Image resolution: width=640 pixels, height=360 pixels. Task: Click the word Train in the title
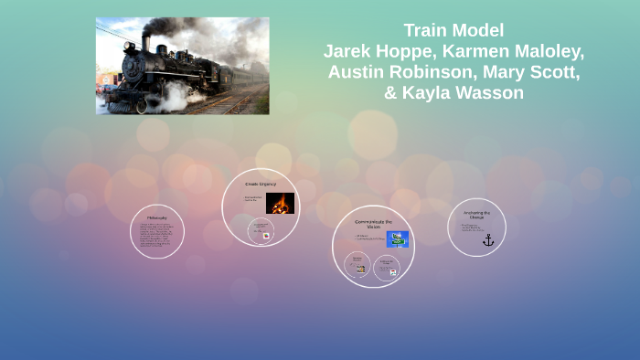click(427, 30)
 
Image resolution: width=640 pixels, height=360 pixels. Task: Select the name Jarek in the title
click(348, 51)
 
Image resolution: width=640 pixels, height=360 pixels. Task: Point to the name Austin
click(359, 72)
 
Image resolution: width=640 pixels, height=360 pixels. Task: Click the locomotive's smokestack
click(145, 42)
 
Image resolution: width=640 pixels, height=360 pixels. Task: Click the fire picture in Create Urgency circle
click(280, 204)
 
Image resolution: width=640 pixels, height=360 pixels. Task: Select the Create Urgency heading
click(261, 184)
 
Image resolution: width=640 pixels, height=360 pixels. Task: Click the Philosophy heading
click(157, 217)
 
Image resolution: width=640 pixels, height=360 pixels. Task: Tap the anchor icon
click(488, 240)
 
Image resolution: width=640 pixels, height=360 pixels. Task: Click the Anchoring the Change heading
click(476, 215)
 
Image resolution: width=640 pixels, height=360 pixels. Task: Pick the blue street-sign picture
click(397, 239)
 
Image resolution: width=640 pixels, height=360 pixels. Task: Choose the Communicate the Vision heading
click(373, 224)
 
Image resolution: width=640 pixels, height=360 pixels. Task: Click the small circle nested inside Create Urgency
click(261, 230)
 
